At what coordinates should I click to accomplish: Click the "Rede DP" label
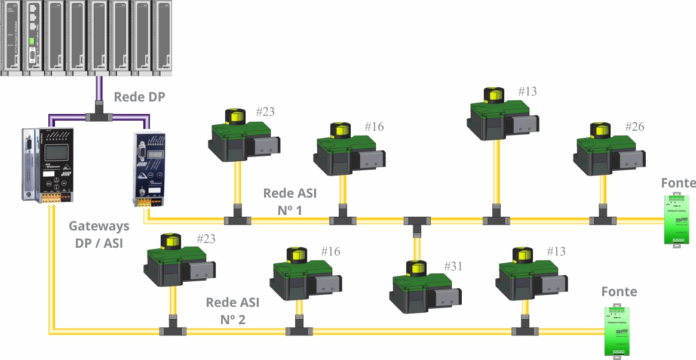click(x=139, y=97)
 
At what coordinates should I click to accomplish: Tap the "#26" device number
click(x=634, y=127)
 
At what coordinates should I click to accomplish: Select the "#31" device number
click(x=453, y=266)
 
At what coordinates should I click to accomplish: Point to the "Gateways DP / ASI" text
click(x=99, y=235)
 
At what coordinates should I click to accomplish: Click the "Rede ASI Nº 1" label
click(x=290, y=201)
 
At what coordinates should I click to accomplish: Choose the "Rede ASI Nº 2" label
click(x=232, y=310)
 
